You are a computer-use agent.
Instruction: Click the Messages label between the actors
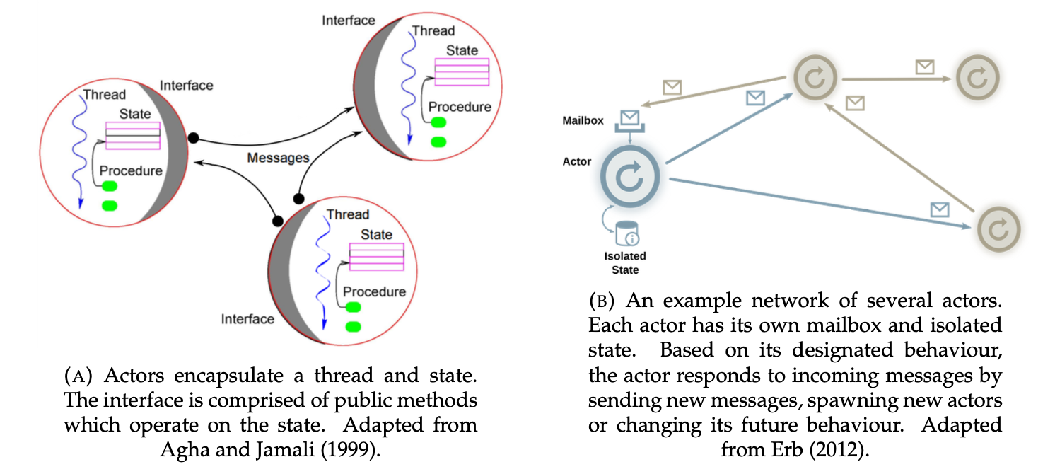pos(278,157)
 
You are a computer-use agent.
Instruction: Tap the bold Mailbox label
pos(583,120)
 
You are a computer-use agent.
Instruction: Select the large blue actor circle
pos(629,176)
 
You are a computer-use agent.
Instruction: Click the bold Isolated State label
pos(625,262)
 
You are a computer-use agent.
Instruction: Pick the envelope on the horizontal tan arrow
pos(924,67)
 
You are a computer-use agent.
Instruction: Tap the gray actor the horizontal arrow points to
pos(977,78)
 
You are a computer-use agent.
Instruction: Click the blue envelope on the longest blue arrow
pos(939,209)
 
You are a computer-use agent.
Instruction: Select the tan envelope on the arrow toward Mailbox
pos(672,87)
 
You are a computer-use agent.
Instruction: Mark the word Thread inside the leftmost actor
pos(105,95)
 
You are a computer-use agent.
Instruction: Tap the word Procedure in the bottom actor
pos(374,291)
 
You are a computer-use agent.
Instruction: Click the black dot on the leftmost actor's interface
pos(192,137)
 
